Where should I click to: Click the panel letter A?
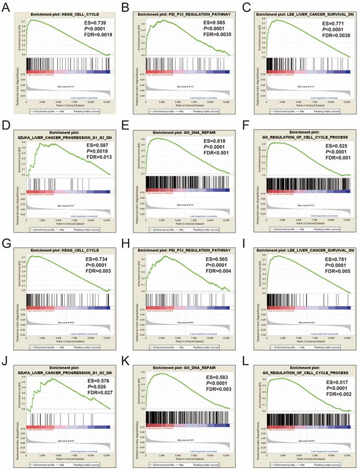click(6, 6)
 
